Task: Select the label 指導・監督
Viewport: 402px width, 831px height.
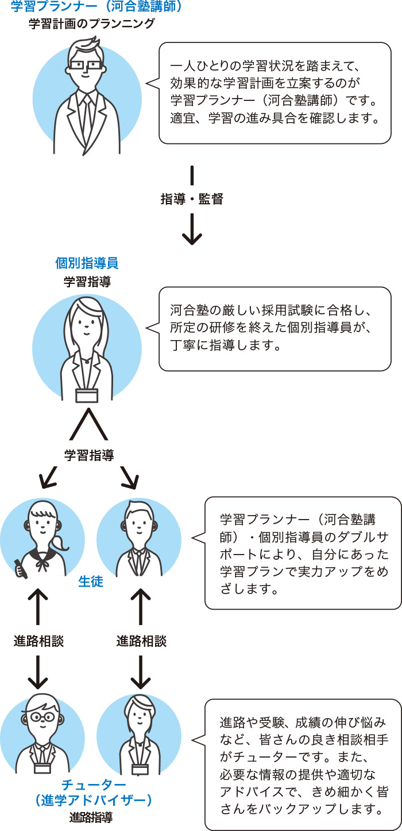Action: coord(191,199)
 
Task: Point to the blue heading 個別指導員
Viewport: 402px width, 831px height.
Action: coord(87,263)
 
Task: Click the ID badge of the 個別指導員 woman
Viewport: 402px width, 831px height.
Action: coord(87,395)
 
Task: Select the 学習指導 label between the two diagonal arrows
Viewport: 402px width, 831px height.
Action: coord(89,455)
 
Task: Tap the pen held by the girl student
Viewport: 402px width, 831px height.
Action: coord(20,568)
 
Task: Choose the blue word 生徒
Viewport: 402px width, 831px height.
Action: coord(90,582)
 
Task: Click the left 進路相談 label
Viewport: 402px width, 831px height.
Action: coord(38,641)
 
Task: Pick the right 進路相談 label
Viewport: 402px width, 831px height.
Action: coord(141,641)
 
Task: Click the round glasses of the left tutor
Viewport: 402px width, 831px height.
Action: coord(42,717)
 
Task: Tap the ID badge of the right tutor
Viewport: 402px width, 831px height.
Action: coord(140,768)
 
